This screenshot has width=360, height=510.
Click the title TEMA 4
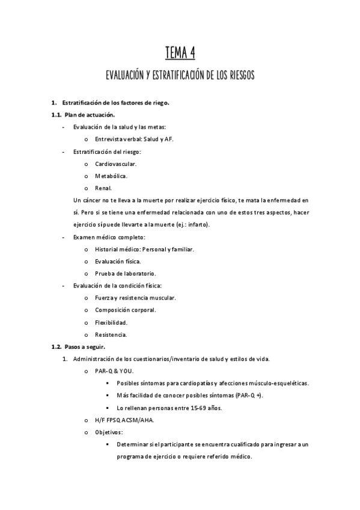180,54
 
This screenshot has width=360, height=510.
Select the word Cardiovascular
115,164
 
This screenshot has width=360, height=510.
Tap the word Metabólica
111,176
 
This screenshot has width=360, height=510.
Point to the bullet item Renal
103,188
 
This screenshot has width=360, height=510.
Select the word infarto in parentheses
198,224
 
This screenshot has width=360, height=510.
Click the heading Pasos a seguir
85,347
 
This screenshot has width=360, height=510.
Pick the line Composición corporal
125,310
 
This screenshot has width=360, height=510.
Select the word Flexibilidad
111,322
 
